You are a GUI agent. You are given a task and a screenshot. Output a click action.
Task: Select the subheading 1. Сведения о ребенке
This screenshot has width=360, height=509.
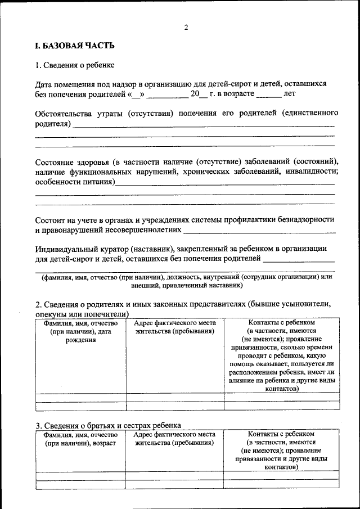point(75,65)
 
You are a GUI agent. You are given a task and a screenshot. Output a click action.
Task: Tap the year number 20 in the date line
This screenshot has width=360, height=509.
point(195,94)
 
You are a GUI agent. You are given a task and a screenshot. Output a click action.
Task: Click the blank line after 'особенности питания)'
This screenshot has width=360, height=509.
point(225,183)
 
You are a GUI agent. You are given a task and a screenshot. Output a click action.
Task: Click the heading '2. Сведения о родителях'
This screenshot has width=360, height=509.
point(183,304)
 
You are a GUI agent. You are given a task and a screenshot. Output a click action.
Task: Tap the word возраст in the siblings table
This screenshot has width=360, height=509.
point(101,443)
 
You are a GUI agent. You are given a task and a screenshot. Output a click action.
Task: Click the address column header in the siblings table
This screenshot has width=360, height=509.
point(175,438)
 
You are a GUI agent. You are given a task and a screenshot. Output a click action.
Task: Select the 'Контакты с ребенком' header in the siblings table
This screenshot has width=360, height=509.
point(281,434)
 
